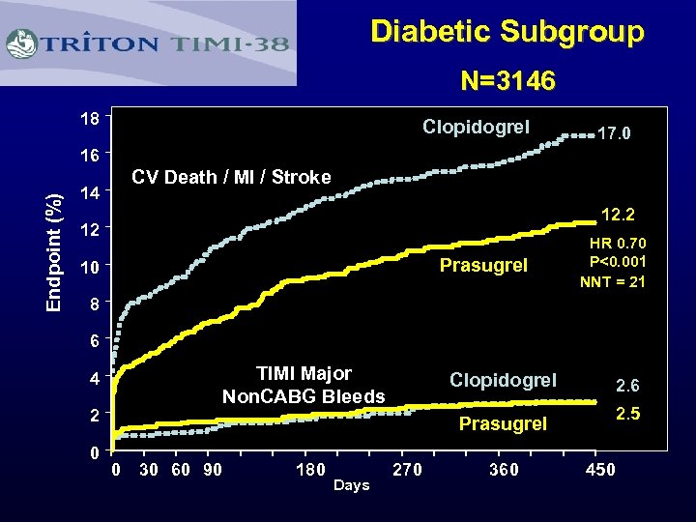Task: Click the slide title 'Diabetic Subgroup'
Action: [x=507, y=32]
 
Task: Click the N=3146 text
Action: [x=507, y=80]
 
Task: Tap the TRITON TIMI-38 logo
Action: [x=149, y=43]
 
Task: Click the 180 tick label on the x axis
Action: [x=309, y=470]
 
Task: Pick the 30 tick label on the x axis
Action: [x=149, y=470]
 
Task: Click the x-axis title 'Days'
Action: [x=351, y=485]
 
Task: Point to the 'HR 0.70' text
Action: [x=619, y=244]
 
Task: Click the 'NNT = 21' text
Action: [x=613, y=282]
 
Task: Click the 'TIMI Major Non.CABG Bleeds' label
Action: [x=304, y=385]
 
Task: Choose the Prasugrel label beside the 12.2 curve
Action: [x=483, y=265]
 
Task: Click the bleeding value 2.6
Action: [x=627, y=386]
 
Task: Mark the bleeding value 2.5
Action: [x=627, y=416]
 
